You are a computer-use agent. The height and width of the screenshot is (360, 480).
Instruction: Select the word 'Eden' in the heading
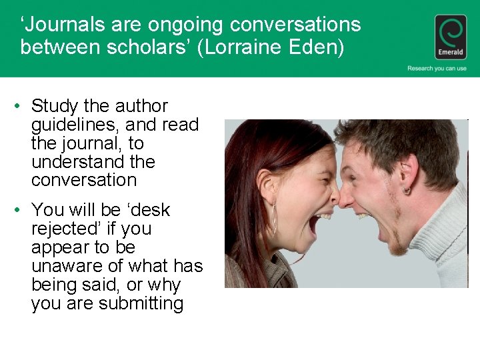(x=321, y=47)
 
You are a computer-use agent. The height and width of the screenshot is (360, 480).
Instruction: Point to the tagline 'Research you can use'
(x=437, y=68)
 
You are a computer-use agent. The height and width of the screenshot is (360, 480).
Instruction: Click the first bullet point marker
(x=21, y=106)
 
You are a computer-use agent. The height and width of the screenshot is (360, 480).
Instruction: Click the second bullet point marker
(x=21, y=210)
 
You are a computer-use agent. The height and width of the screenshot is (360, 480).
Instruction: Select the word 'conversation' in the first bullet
(x=83, y=180)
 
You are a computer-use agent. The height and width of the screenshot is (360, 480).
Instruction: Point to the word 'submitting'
(x=141, y=303)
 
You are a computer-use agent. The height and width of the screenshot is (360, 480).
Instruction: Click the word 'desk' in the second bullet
(x=151, y=210)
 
